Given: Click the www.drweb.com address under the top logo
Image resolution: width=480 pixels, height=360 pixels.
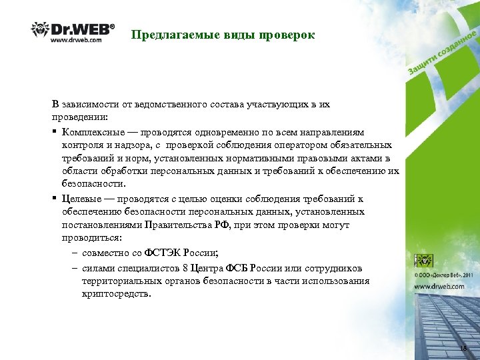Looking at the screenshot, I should coord(76,40).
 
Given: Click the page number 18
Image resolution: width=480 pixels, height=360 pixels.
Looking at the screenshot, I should coord(463,349).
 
